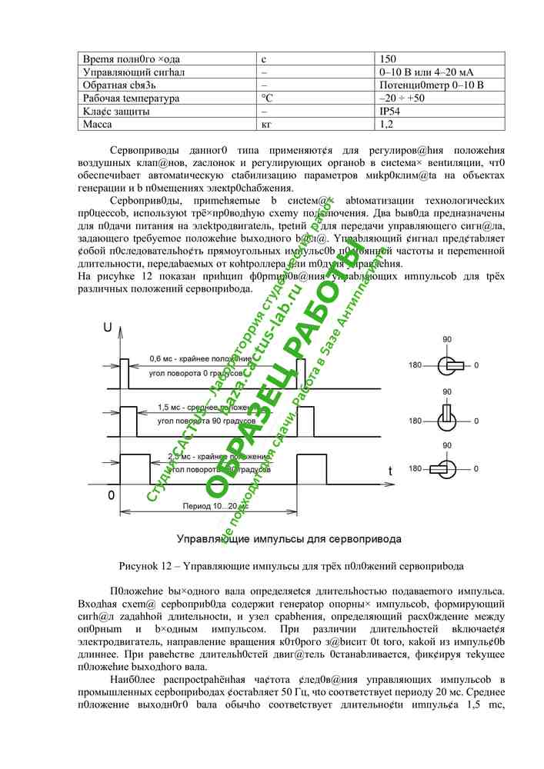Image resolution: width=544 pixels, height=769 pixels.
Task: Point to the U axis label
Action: (107, 328)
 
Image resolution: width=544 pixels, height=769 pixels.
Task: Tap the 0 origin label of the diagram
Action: (112, 495)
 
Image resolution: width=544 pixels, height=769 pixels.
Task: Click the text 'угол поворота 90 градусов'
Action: (200, 421)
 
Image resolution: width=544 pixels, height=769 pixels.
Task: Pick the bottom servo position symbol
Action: (446, 468)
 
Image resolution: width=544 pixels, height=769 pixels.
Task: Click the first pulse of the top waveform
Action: (124, 373)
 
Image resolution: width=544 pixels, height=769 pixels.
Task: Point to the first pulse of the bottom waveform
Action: (135, 469)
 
